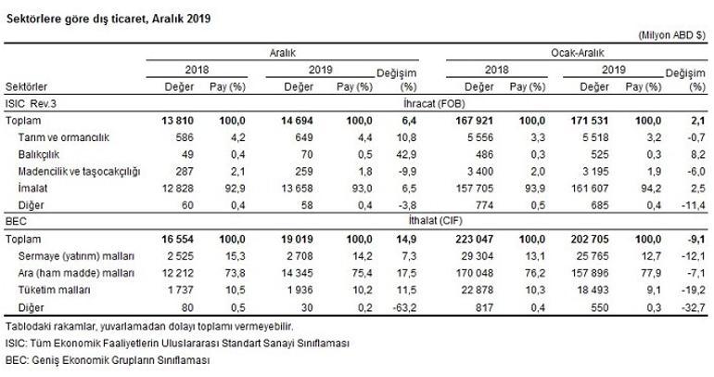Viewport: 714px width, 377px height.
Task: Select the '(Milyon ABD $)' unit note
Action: point(672,34)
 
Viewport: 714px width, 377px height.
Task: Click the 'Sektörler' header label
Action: point(26,86)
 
